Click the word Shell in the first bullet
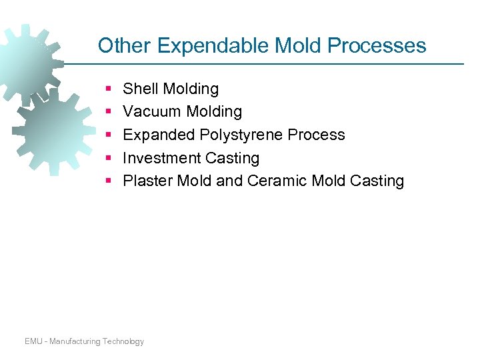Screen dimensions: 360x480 [x=141, y=89]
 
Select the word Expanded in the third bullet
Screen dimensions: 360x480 [x=159, y=135]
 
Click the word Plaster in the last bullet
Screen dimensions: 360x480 [x=147, y=181]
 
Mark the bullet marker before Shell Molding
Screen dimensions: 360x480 [x=108, y=89]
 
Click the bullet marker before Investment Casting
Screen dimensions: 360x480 [x=108, y=158]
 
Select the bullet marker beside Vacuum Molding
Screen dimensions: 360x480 [x=108, y=111]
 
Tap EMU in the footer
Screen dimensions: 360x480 [x=33, y=341]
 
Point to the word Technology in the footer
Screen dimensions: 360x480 [x=123, y=341]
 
